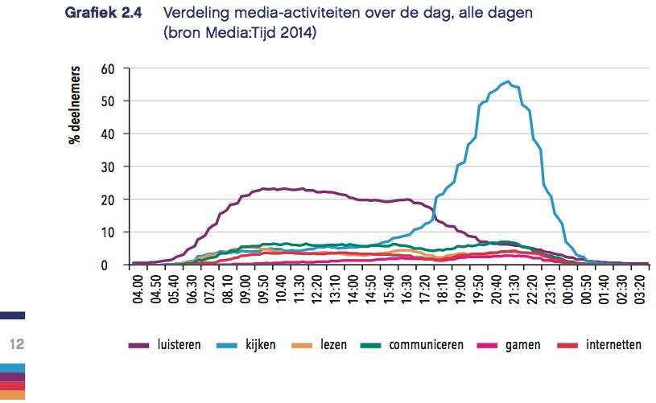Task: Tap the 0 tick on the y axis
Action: (113, 265)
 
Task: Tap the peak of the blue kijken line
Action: (507, 81)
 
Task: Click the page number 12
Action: (17, 345)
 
